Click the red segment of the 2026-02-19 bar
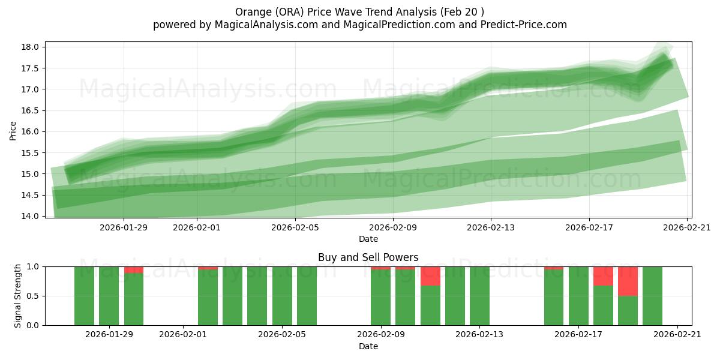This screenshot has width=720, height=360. click(628, 281)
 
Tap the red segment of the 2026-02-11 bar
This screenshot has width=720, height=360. click(430, 276)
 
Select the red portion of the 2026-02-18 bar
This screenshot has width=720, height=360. click(603, 276)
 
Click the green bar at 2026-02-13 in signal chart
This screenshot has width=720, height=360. click(479, 296)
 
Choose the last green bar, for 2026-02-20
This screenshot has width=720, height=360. click(652, 296)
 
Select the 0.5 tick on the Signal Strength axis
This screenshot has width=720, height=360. click(33, 296)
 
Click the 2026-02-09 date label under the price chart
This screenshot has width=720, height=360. click(394, 227)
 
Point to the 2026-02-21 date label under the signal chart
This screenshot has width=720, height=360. click(677, 335)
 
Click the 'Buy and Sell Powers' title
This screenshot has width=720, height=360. click(368, 257)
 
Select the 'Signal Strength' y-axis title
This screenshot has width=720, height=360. click(18, 296)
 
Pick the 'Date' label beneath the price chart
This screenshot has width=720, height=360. click(368, 239)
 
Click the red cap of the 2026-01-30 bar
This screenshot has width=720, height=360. click(134, 270)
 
